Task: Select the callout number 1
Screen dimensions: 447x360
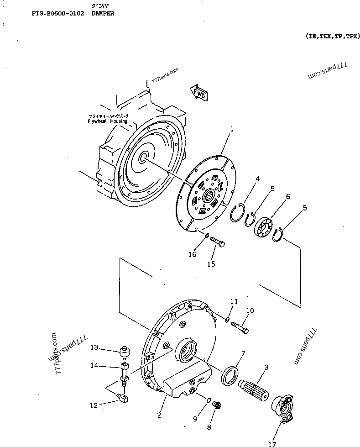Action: pyautogui.click(x=232, y=130)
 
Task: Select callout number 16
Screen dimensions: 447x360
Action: pyautogui.click(x=193, y=255)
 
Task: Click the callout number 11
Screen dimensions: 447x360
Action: pyautogui.click(x=234, y=302)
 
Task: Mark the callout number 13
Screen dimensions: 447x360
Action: pyautogui.click(x=94, y=348)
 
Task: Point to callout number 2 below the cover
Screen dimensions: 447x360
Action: pyautogui.click(x=159, y=415)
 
